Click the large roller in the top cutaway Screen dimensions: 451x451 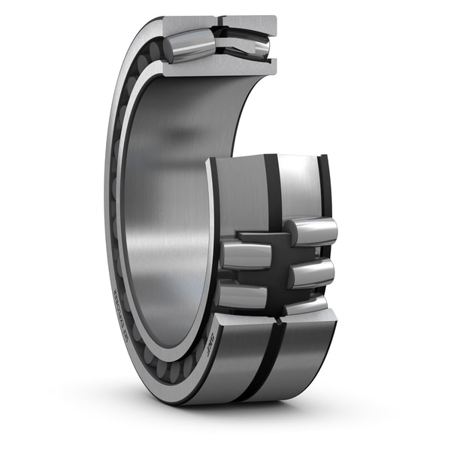click(x=190, y=47)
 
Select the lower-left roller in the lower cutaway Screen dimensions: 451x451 click(x=242, y=296)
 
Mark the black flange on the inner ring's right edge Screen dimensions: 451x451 click(x=325, y=188)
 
